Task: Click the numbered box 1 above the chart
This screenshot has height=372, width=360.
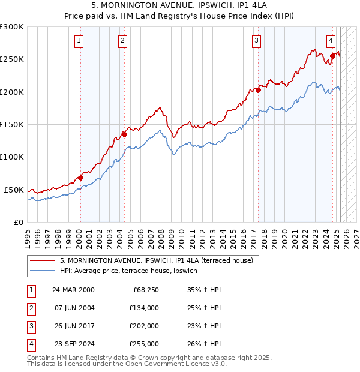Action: point(79,41)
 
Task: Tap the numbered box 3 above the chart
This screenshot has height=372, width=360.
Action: point(256,41)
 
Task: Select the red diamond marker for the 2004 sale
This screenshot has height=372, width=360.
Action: point(124,134)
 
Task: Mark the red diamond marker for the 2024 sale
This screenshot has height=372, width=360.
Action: point(332,56)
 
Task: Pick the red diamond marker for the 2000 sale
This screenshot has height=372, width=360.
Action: point(80,178)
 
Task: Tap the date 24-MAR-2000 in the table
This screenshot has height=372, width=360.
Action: point(73,290)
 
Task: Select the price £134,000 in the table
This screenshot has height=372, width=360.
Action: point(144,308)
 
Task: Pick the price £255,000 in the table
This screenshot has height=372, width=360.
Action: point(144,344)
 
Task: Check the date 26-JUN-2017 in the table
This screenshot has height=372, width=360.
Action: point(73,326)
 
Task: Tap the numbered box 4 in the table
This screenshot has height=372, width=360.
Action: point(31,344)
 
